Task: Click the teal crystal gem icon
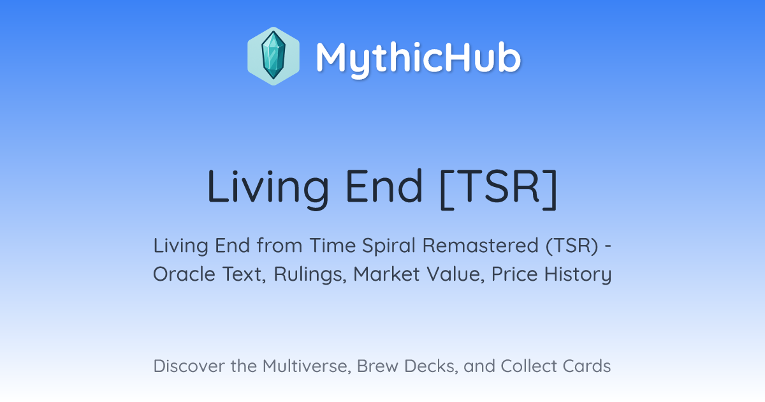click(273, 56)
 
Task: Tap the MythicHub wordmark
click(418, 58)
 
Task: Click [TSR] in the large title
click(499, 188)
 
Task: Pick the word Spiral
click(389, 246)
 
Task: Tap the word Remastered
click(481, 246)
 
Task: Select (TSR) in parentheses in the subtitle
click(572, 246)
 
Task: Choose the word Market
click(386, 274)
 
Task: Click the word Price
click(514, 274)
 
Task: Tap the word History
click(578, 274)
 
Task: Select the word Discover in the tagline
click(189, 366)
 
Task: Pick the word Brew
click(377, 366)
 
